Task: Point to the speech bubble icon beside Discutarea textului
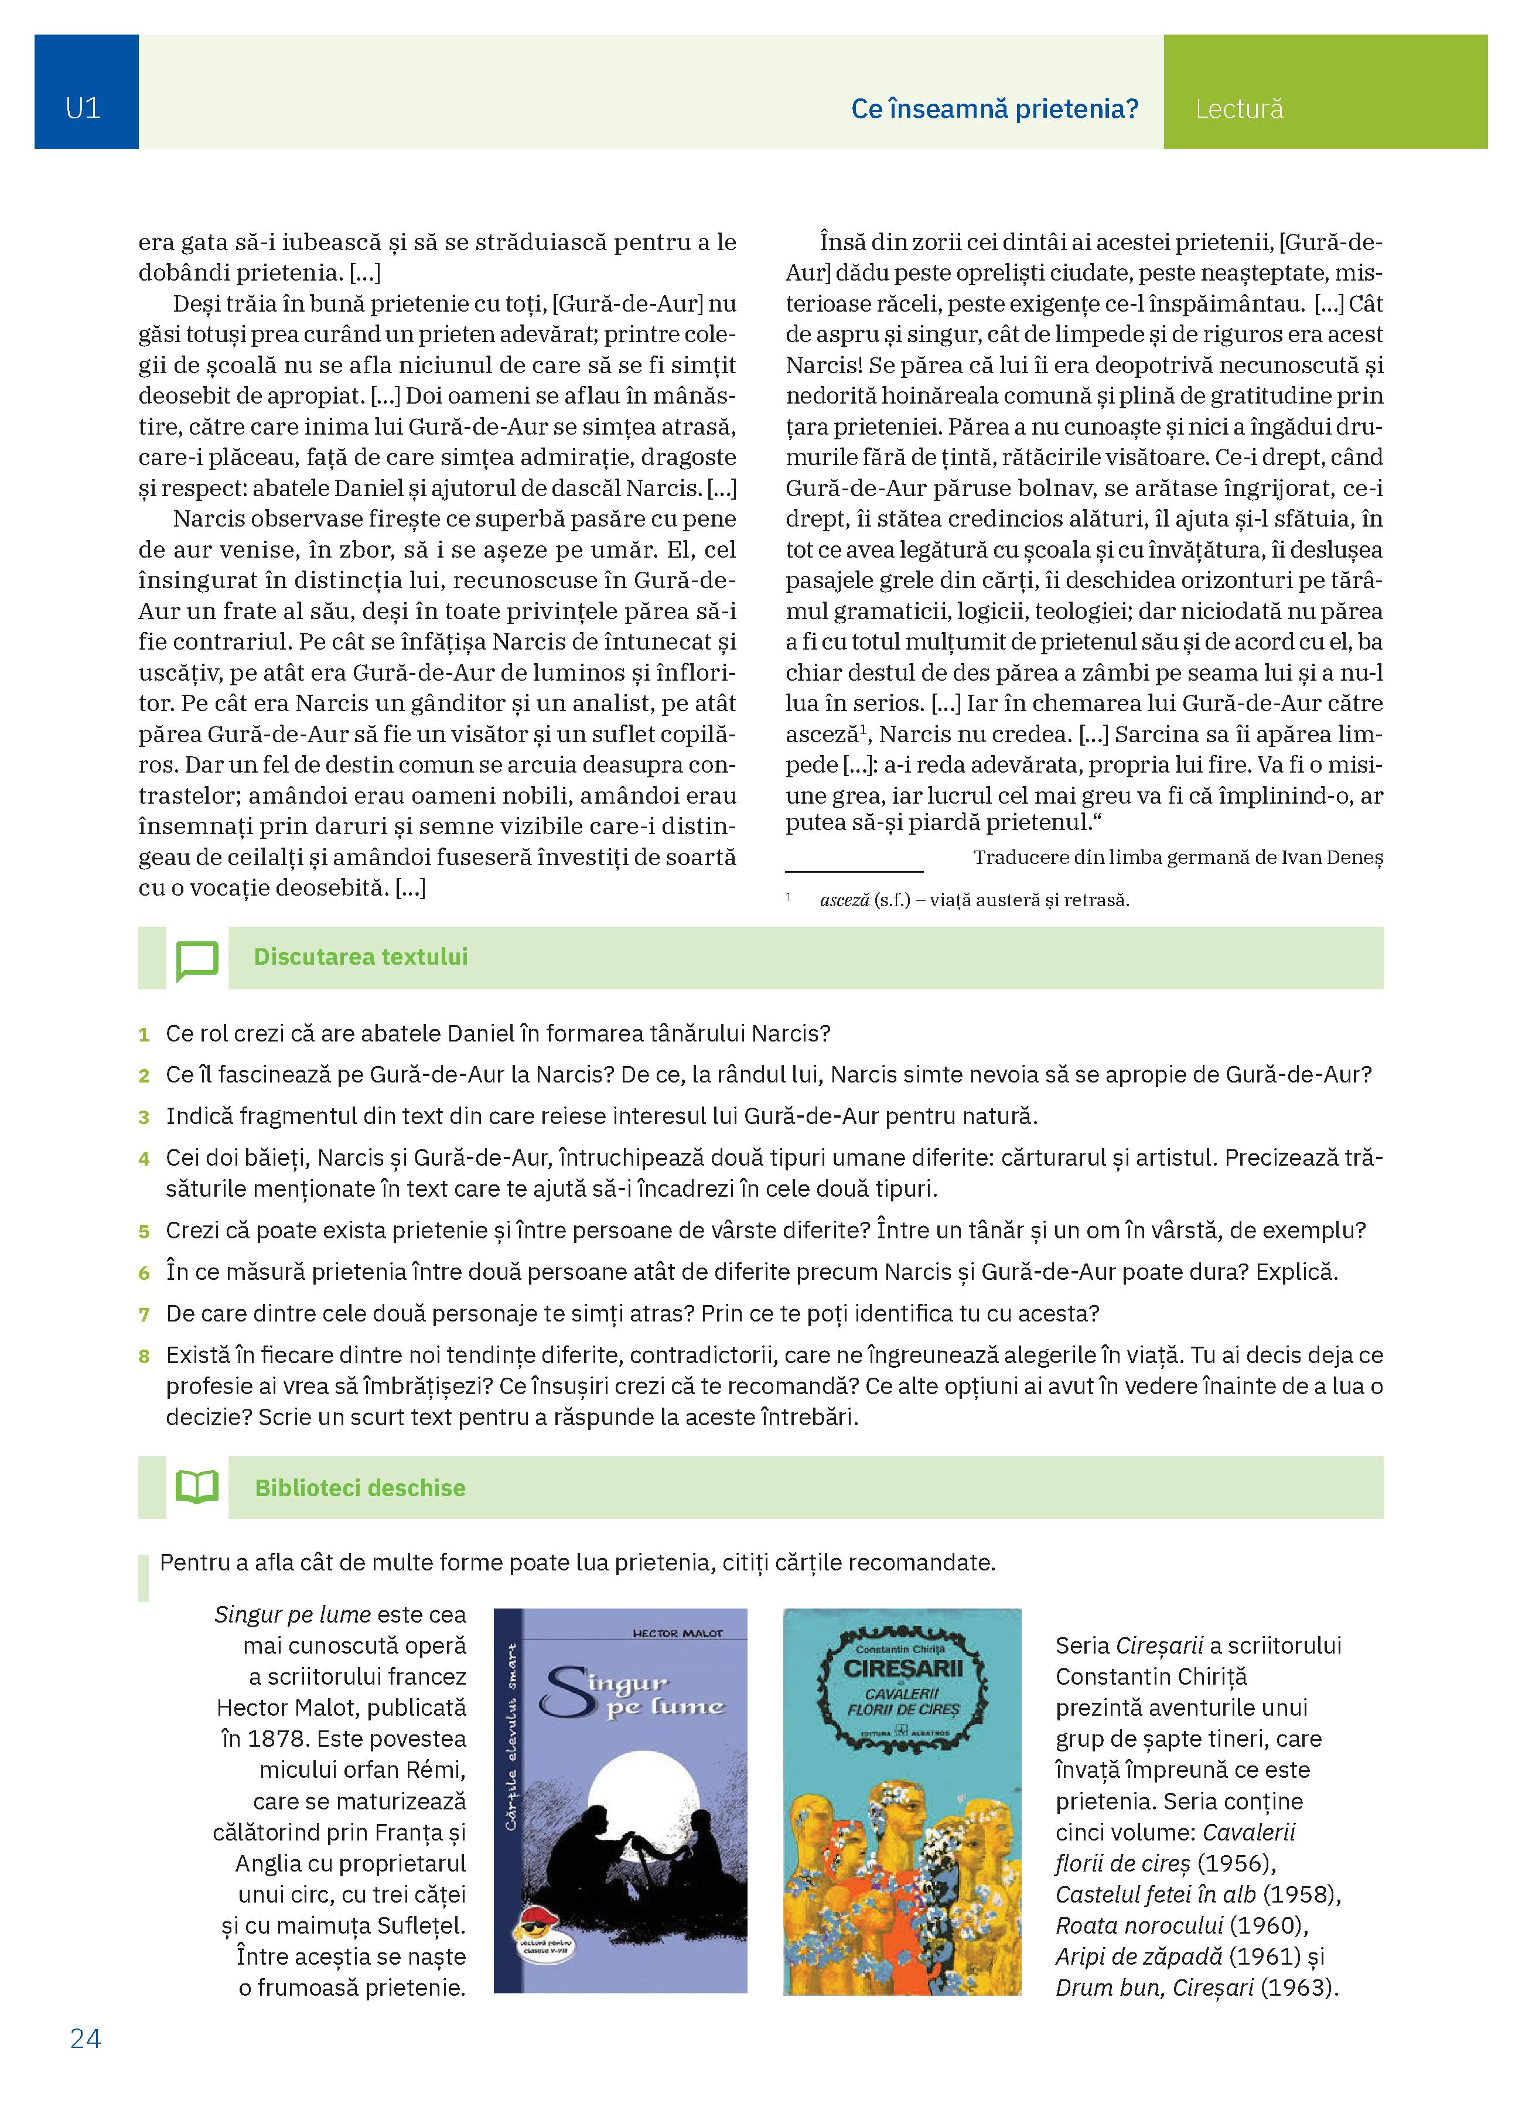(197, 960)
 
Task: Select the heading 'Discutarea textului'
(361, 957)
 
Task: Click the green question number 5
(144, 1231)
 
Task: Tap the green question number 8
(144, 1356)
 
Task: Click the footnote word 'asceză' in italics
(844, 901)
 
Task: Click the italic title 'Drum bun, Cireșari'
(1154, 1988)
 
